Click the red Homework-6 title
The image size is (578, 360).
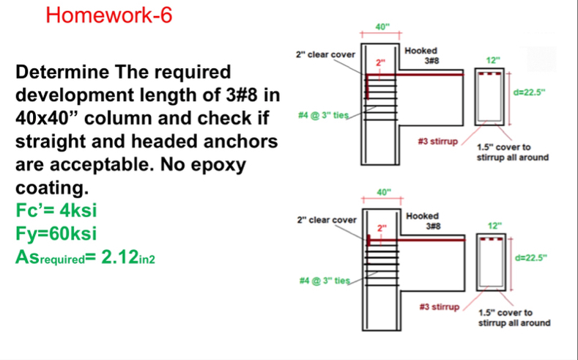109,15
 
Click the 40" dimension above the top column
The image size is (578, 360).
382,27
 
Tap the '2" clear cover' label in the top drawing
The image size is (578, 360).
325,54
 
